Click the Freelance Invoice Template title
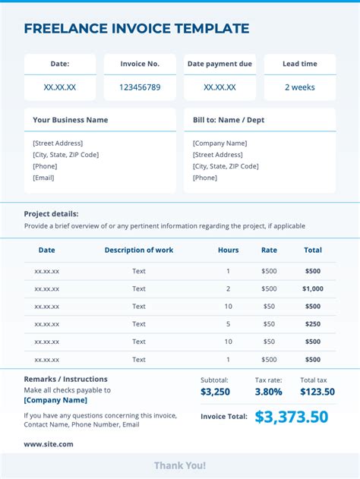click(137, 29)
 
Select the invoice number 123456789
click(140, 87)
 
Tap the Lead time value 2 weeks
click(299, 87)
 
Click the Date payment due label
click(219, 64)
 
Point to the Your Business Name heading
click(71, 120)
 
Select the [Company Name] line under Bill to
click(219, 143)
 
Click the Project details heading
click(51, 214)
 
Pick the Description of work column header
click(139, 250)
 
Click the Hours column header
click(228, 250)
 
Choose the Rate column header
click(269, 250)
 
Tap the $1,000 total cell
click(312, 288)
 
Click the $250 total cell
click(312, 324)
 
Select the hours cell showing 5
click(228, 324)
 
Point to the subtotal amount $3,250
click(215, 392)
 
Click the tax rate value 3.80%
click(268, 392)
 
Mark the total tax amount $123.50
click(317, 392)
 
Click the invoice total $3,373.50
click(292, 417)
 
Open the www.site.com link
click(49, 444)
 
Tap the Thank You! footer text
click(180, 465)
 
